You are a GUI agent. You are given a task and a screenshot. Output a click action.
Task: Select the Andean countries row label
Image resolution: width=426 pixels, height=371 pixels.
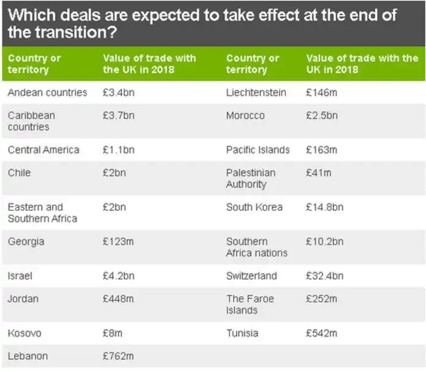(47, 93)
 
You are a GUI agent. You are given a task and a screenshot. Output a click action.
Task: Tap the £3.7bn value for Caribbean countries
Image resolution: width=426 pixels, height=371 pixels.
(118, 115)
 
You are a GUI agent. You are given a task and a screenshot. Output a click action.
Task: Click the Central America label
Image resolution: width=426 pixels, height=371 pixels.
(44, 150)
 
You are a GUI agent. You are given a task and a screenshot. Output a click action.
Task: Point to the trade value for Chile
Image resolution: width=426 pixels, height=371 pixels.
(114, 173)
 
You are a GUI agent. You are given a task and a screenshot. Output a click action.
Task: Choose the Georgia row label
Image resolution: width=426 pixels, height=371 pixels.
(26, 241)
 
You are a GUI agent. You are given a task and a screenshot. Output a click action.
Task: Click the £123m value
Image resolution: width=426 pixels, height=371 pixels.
(118, 241)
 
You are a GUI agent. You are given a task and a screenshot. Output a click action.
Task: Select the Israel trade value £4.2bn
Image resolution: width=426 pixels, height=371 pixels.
(118, 276)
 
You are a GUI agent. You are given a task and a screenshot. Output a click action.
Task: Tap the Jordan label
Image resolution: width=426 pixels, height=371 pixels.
(23, 299)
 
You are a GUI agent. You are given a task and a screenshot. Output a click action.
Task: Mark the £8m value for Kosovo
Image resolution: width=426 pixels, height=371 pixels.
(113, 334)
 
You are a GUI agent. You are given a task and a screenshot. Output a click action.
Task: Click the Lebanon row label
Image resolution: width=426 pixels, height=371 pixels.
(28, 356)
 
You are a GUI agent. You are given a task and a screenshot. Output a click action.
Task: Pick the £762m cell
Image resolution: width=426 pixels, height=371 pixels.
(118, 356)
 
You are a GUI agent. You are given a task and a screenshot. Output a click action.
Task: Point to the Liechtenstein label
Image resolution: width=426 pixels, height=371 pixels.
(256, 93)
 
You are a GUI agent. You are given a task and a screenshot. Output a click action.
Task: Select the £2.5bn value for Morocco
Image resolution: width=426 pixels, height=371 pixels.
(321, 115)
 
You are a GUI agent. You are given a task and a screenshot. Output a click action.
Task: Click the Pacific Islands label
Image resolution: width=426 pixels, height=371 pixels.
(257, 150)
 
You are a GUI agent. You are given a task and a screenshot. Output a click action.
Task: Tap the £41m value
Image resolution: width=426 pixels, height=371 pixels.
(318, 173)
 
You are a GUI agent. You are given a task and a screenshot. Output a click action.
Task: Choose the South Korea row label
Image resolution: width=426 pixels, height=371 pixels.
(254, 207)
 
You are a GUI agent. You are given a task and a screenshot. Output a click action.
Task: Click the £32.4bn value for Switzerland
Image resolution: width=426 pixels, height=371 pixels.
(324, 276)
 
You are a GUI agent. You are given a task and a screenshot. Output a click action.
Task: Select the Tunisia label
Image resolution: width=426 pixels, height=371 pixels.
(242, 334)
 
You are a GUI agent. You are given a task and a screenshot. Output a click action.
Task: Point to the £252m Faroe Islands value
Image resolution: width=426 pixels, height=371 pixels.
(321, 299)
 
